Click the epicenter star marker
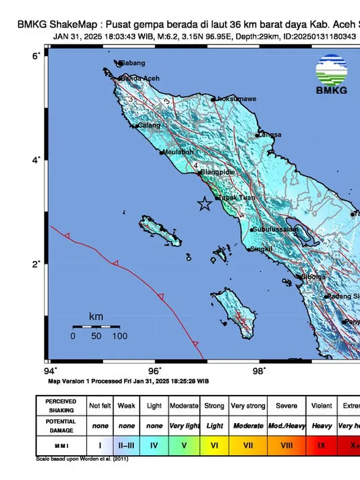pos(205,204)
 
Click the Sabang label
pos(133,63)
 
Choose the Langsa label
pos(271,135)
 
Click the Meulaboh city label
pos(179,152)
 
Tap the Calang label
pos(149,125)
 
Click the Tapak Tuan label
pos(237,198)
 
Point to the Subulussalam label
pos(275,230)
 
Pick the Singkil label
pos(262,249)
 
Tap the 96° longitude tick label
pos(155,370)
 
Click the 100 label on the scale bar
pos(119,337)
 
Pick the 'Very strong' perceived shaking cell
pos(247,406)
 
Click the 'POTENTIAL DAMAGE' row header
pos(60,426)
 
